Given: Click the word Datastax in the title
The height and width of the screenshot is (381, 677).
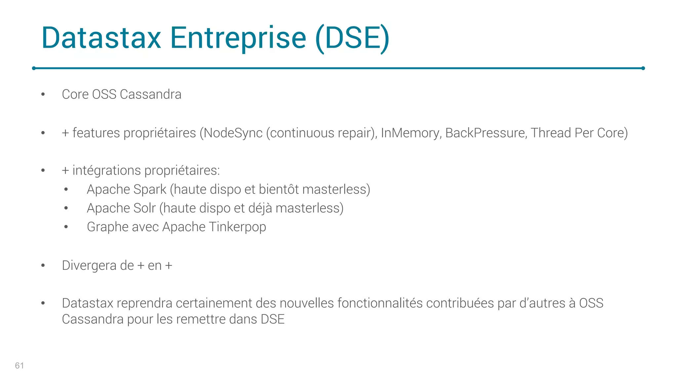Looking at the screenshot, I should [101, 38].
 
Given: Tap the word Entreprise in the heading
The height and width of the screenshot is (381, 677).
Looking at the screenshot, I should [238, 38].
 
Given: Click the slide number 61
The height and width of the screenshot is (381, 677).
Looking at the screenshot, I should [20, 365].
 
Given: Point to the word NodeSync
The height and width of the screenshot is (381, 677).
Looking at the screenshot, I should [233, 133].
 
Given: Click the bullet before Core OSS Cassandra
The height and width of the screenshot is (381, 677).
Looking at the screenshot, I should [43, 95].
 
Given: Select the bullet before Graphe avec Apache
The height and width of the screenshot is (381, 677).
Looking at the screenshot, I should [66, 227].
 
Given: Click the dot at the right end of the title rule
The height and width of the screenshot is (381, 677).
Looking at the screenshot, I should [643, 68].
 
